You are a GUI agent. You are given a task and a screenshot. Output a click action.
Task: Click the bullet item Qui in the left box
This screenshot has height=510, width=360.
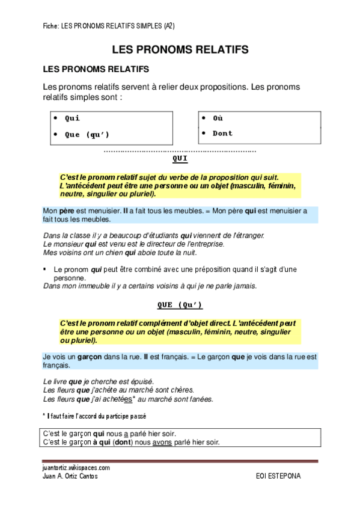[x=72, y=118]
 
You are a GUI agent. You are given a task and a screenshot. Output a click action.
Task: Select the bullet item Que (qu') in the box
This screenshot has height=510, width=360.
[x=87, y=134]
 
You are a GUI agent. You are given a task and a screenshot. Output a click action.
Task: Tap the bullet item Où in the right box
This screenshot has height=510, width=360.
[x=218, y=118]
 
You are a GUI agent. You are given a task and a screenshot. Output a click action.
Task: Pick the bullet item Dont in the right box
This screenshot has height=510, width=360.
[x=222, y=133]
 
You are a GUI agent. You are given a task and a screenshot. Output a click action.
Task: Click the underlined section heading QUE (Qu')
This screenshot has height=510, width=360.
[x=180, y=305]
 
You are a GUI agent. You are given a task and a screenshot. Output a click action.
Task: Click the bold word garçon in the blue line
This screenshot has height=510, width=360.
[x=89, y=357]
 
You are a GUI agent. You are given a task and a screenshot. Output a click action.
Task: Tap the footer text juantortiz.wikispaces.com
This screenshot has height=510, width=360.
[x=76, y=467]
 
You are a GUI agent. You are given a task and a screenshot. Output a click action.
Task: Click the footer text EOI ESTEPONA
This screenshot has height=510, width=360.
[x=278, y=476]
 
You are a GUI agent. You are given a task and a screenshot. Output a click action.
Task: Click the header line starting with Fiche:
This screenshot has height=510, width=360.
[x=109, y=26]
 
